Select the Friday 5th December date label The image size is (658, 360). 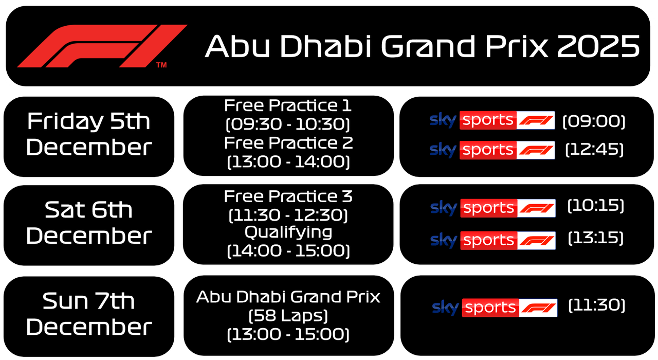88,135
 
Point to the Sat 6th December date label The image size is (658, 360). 88,223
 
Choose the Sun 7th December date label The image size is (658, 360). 88,314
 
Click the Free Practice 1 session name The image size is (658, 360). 288,106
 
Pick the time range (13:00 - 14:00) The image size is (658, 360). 288,161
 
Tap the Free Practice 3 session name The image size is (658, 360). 288,196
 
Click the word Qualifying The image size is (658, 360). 288,232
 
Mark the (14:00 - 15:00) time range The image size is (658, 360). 288,251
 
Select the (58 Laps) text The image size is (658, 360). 288,315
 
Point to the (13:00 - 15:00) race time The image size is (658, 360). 288,334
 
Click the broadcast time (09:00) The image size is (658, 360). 594,121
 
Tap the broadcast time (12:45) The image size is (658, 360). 594,150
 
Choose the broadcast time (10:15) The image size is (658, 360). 595,206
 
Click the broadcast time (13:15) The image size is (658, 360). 595,238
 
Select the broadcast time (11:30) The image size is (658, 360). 596,305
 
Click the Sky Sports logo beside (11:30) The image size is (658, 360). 495,308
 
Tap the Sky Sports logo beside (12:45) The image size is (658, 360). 492,150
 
